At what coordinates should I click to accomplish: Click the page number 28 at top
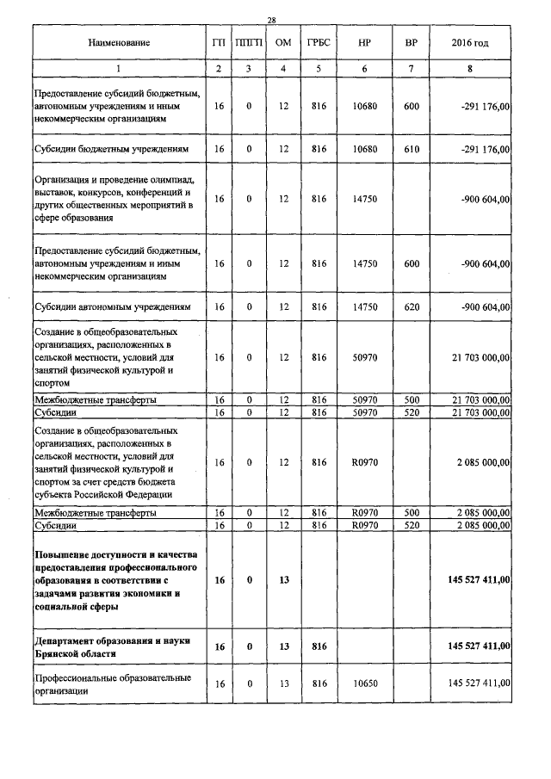point(271,20)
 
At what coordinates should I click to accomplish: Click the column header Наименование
point(118,42)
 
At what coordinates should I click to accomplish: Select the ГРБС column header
point(319,42)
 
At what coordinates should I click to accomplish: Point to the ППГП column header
point(250,42)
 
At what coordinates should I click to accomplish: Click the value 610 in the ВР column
point(411,149)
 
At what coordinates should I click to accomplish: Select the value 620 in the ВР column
point(411,306)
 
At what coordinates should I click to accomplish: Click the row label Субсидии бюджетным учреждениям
point(111,149)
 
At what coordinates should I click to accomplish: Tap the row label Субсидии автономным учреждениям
point(112,306)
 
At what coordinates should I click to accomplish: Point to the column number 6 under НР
point(365,68)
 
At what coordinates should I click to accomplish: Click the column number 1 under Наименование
point(119,68)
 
